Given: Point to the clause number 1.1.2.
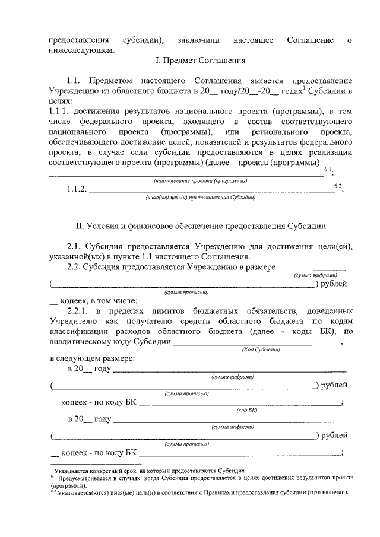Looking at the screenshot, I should (x=77, y=190).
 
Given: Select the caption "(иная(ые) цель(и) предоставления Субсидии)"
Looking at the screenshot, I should (x=200, y=198).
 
